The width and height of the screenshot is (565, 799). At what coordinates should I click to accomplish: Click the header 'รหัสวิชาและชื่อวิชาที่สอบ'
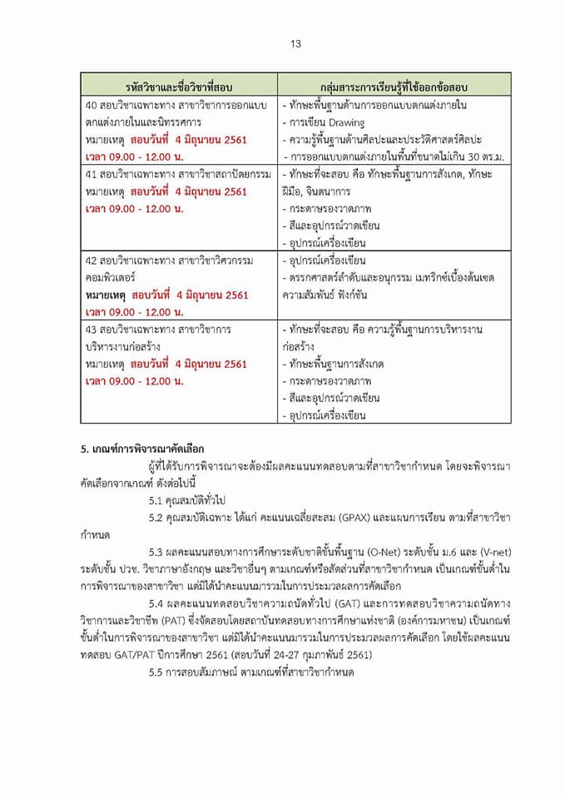click(179, 86)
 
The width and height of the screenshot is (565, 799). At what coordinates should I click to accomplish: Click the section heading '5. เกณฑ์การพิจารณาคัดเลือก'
click(142, 449)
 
